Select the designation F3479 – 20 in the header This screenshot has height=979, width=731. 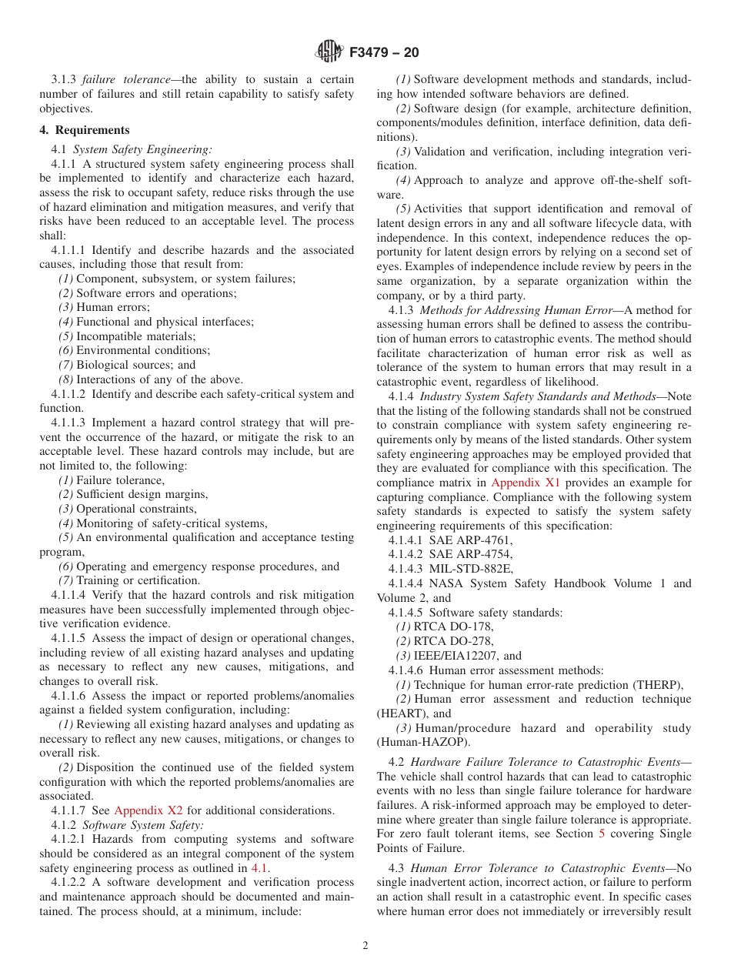point(384,53)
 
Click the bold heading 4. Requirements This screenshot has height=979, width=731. point(85,130)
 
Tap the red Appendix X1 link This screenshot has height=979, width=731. point(526,483)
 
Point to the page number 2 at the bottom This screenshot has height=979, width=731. point(365,946)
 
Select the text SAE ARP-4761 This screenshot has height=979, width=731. point(470,541)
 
